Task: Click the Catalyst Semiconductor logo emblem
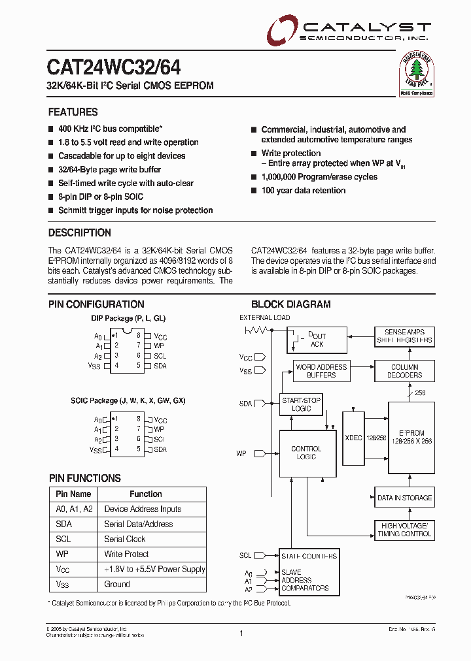(283, 30)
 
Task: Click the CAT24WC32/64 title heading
(114, 67)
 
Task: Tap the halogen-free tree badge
(417, 73)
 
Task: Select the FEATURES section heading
(73, 112)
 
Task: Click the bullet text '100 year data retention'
(304, 191)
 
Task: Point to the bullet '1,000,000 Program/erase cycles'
(319, 177)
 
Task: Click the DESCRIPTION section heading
(80, 233)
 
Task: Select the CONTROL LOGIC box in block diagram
(306, 453)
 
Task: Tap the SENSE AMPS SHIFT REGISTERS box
(404, 336)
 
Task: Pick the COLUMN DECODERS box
(404, 371)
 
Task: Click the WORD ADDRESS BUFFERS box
(321, 371)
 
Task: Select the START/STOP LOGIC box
(301, 404)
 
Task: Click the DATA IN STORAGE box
(404, 498)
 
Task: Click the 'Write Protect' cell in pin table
(127, 555)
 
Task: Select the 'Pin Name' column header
(73, 494)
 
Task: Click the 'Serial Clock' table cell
(125, 540)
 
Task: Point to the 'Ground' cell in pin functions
(117, 585)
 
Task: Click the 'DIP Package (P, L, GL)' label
(128, 318)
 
